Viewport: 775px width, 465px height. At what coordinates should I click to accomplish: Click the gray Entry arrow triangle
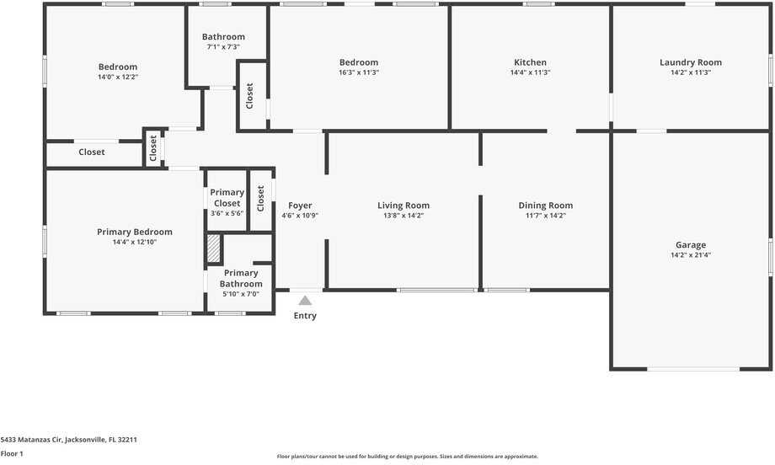click(305, 300)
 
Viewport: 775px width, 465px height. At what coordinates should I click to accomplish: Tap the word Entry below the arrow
click(305, 316)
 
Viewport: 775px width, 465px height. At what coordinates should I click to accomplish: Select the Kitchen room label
click(531, 62)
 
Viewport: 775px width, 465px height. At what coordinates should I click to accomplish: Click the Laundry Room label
click(691, 62)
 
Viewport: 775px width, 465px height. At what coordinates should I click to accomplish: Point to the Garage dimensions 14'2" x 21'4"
click(691, 255)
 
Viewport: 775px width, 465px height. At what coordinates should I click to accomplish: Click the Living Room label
click(404, 206)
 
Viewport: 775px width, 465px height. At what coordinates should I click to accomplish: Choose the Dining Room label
click(546, 206)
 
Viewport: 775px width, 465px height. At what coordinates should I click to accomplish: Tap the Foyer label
click(300, 206)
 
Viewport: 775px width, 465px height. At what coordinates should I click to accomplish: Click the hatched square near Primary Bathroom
click(214, 248)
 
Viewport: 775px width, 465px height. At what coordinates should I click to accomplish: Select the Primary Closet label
click(227, 197)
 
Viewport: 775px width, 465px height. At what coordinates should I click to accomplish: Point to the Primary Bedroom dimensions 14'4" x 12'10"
click(135, 243)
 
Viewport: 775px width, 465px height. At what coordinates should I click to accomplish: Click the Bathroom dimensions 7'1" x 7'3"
click(223, 47)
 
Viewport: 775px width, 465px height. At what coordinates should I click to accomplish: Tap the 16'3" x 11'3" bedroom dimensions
click(359, 72)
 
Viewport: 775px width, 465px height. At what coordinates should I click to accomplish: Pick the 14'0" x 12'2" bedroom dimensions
click(118, 77)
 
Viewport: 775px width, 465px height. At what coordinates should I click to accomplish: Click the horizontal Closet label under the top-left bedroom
click(92, 152)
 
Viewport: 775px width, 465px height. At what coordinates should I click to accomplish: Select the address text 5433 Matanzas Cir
click(69, 440)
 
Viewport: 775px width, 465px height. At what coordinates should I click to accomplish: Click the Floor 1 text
click(12, 454)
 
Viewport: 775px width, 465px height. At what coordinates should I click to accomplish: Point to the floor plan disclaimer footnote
click(408, 457)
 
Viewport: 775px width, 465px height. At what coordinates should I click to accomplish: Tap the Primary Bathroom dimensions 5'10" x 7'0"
click(241, 294)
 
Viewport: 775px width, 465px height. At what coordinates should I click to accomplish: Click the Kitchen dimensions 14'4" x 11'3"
click(531, 72)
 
